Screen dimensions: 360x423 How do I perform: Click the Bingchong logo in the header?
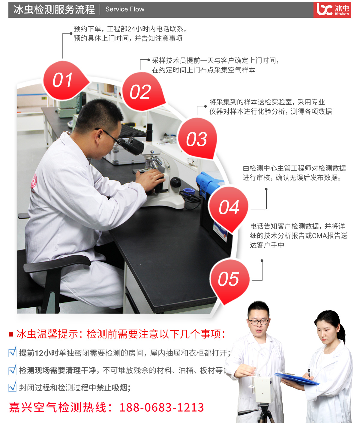click(332, 10)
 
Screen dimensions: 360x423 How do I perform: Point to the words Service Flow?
click(125, 9)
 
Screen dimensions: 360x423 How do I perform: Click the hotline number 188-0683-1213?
click(162, 407)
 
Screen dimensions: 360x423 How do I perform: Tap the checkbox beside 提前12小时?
click(13, 352)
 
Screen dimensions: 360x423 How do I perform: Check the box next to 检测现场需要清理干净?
click(13, 370)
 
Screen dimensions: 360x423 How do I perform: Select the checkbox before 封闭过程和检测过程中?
click(13, 386)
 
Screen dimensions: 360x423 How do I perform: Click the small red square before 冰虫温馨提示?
click(11, 335)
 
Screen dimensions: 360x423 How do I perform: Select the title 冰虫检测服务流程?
click(54, 9)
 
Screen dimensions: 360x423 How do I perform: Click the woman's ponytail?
click(342, 332)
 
